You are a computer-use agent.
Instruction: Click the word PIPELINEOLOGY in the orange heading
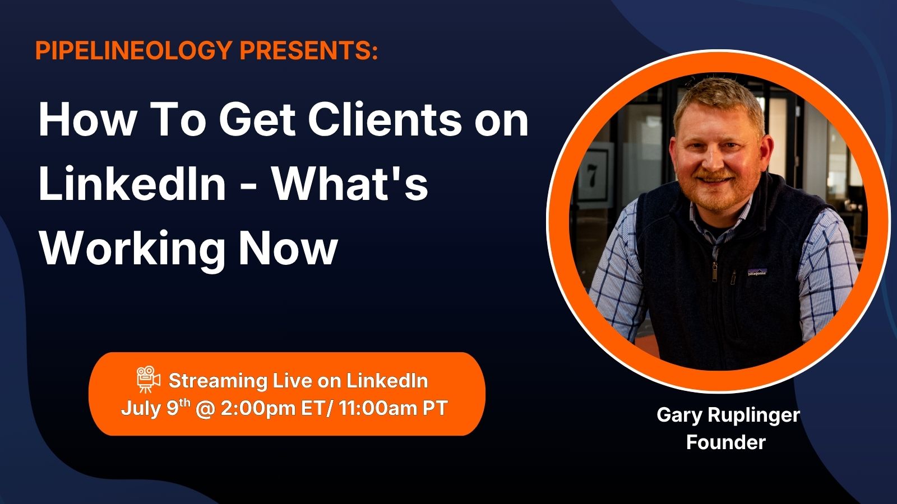tap(134, 50)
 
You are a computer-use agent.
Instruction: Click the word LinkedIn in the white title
tap(132, 184)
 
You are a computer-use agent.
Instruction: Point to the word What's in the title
tap(351, 184)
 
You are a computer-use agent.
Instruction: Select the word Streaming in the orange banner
tap(218, 381)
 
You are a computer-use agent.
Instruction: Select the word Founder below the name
tap(726, 442)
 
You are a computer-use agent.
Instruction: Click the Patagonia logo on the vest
tap(757, 272)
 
